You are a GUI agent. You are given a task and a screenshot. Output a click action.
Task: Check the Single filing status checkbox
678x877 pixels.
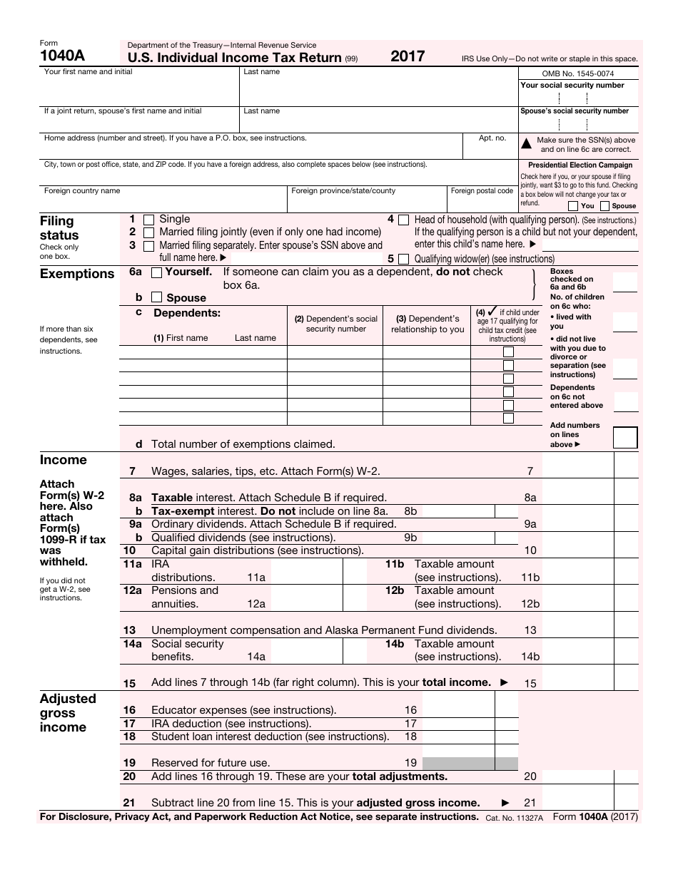149,220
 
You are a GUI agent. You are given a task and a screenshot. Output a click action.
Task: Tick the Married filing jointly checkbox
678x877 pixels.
149,232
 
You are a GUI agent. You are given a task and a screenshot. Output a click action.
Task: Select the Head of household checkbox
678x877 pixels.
404,220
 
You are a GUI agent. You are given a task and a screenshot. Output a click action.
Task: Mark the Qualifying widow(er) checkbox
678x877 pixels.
404,259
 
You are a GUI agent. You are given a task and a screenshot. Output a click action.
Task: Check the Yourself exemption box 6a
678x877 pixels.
157,272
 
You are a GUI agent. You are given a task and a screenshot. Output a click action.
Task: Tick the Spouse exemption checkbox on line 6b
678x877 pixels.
157,298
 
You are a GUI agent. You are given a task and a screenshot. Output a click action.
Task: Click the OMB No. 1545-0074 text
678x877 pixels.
578,73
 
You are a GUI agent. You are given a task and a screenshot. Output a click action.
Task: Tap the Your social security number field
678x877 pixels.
578,98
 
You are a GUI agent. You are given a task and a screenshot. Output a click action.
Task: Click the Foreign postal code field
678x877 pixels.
482,202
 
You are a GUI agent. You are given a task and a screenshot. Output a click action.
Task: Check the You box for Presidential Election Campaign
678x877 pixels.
573,206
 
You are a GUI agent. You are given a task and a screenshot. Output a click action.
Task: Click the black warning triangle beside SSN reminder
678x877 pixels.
527,144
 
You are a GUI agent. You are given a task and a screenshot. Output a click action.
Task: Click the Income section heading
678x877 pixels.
63,460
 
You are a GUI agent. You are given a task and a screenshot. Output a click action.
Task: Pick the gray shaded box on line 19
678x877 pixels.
469,763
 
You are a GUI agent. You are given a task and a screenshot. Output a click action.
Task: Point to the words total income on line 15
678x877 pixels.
456,682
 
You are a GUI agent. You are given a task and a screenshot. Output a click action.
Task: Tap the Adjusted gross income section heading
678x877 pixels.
67,713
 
